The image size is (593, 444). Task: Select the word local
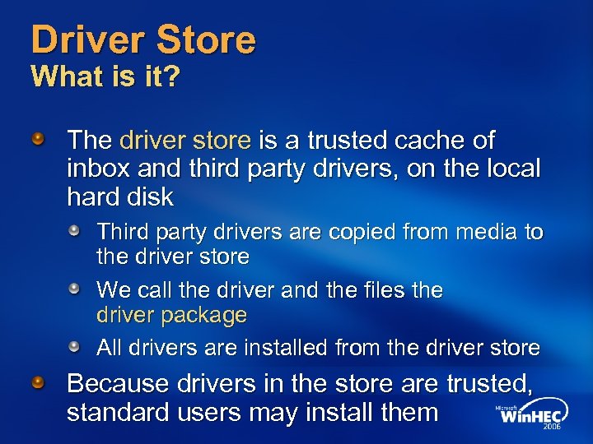click(510, 169)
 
